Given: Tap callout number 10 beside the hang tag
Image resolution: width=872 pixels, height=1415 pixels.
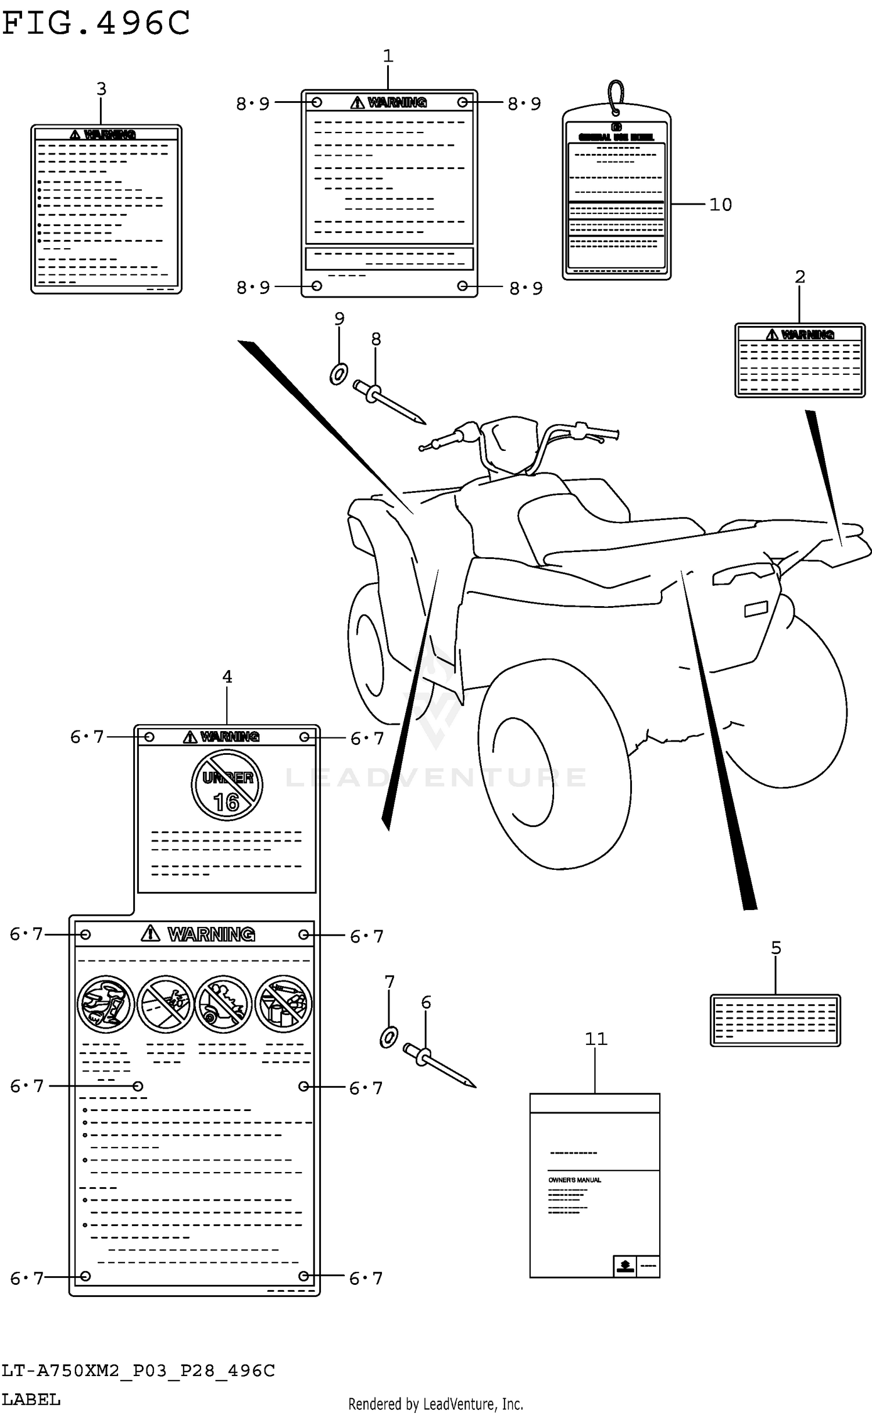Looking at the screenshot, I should tap(720, 205).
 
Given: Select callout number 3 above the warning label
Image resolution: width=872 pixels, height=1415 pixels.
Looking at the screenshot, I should tap(101, 89).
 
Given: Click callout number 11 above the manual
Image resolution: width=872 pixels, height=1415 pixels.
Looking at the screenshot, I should tap(595, 1038).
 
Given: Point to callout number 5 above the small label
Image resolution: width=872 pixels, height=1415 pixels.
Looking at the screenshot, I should tap(775, 948).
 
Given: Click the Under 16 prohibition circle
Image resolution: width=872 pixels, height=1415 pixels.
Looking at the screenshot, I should tap(227, 785).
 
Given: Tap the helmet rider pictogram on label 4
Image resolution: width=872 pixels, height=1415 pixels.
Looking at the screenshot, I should tap(106, 1004).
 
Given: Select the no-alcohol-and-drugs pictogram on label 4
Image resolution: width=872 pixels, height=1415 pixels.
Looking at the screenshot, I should tap(284, 1004).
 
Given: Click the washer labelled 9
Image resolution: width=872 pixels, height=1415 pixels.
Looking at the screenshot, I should tap(338, 374).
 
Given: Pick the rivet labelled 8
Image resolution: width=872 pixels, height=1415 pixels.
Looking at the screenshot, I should tap(389, 401).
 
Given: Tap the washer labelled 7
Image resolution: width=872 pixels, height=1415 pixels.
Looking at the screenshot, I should tap(388, 1037).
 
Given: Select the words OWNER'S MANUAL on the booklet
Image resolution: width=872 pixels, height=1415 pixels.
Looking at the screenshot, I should tap(574, 1180).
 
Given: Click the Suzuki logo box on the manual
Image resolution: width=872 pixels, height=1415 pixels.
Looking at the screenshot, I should tap(625, 1266).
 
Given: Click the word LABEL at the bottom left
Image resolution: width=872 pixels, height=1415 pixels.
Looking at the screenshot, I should tap(31, 1399).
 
